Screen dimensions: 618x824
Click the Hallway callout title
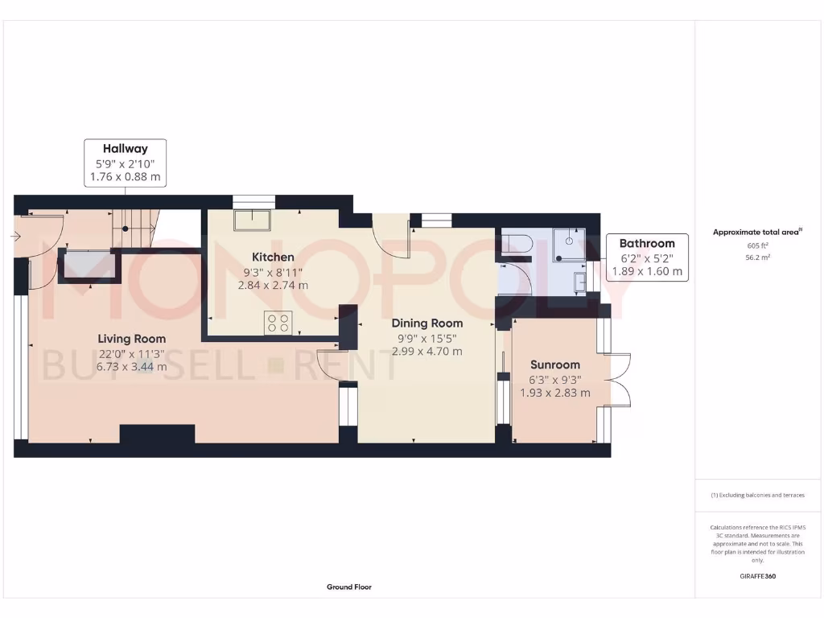point(125,148)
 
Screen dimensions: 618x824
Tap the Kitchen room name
point(273,257)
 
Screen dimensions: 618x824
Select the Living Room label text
point(132,339)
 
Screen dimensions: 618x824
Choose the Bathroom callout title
point(646,244)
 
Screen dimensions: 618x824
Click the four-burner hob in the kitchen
point(278,323)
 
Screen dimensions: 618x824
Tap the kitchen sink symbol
point(252,220)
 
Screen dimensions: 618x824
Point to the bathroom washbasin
point(580,282)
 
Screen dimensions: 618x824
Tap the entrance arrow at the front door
point(16,237)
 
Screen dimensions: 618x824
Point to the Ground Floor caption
point(348,587)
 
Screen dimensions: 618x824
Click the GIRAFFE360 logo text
point(757,576)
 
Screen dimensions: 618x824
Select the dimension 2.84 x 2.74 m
point(273,285)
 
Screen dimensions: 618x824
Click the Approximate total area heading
point(756,232)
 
